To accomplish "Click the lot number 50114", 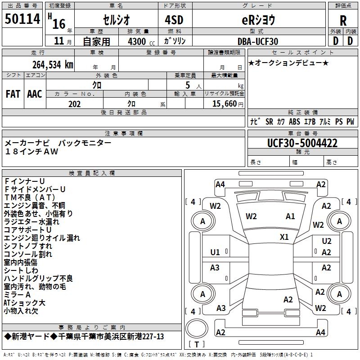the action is click(x=22, y=19).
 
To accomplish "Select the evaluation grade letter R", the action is click(x=343, y=20).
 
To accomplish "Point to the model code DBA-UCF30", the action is click(x=258, y=41).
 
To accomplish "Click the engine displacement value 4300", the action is click(x=137, y=41).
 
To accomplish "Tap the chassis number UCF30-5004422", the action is click(x=302, y=143).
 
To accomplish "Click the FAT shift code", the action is click(x=13, y=94).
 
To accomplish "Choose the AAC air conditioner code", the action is click(x=34, y=94).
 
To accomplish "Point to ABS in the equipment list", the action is click(x=294, y=121).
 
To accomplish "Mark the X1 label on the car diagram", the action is click(x=284, y=237).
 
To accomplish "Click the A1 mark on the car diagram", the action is click(x=290, y=216).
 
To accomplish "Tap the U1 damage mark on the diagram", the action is click(x=215, y=252).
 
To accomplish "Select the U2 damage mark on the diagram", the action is click(x=326, y=242).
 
